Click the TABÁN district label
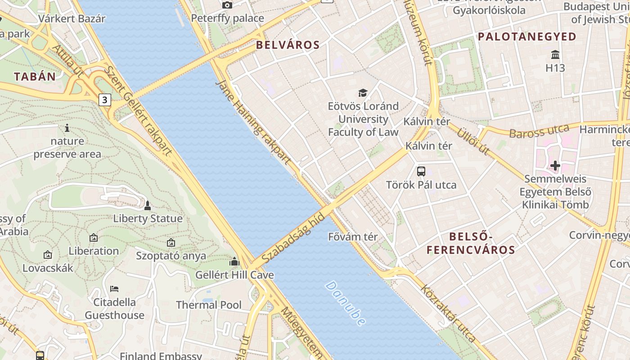35,76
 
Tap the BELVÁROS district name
288,45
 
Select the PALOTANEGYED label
527,37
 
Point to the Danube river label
345,303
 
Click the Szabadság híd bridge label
292,238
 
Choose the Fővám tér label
353,236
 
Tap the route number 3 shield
105,99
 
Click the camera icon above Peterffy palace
227,5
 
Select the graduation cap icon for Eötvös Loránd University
363,93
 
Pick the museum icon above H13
555,55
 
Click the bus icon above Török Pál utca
421,171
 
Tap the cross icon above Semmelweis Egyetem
555,166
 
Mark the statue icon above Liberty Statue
147,206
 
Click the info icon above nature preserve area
67,128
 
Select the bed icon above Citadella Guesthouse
114,288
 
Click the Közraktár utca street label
448,312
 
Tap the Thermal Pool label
209,305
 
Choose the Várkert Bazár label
72,18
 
